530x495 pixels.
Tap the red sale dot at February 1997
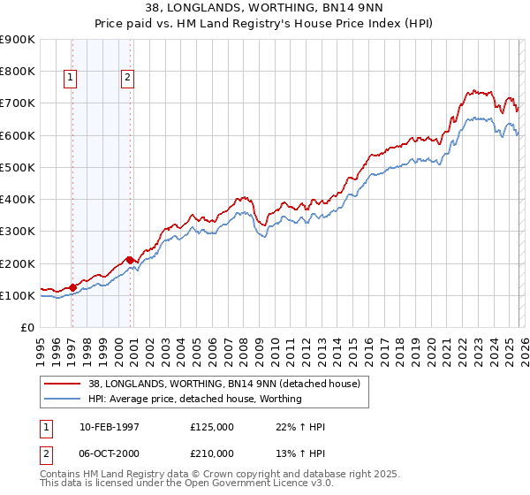point(72,286)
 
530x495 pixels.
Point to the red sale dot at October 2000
point(130,260)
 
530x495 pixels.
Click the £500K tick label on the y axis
point(18,167)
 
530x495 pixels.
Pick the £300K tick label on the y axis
point(18,232)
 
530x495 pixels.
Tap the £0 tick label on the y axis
point(27,328)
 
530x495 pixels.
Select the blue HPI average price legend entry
point(195,400)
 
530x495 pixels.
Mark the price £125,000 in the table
point(211,427)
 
